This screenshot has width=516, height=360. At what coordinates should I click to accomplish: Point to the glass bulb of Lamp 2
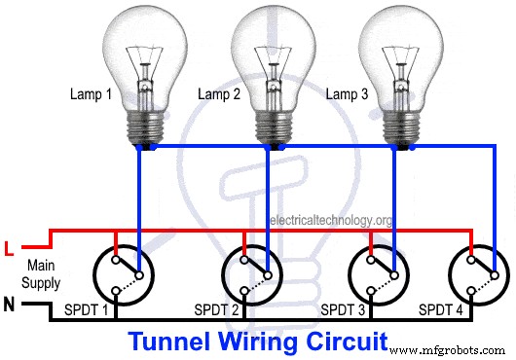point(272,54)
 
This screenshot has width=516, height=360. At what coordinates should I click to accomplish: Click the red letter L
point(10,249)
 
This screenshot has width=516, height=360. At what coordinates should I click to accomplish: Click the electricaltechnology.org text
point(331,221)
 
